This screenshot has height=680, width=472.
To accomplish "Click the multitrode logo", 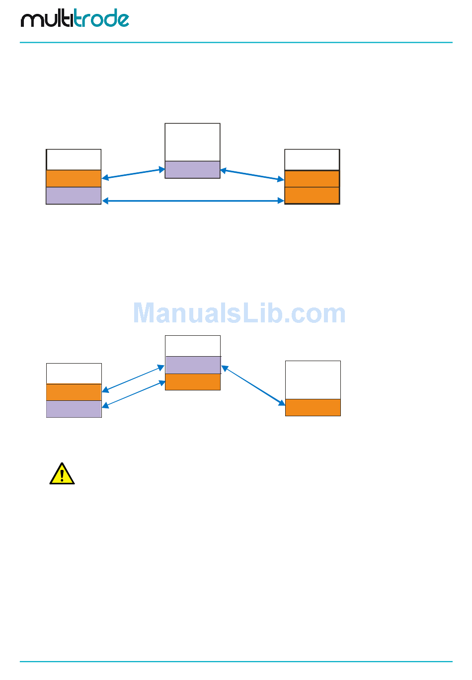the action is point(75,19).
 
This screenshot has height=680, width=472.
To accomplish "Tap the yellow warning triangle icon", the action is point(62,474).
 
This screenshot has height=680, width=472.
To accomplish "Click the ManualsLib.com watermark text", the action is point(239,313).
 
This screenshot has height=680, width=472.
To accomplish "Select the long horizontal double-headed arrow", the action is point(193,201).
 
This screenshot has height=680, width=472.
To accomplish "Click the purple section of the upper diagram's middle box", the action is point(192,169).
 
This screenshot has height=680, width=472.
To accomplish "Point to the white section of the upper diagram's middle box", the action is point(192,142).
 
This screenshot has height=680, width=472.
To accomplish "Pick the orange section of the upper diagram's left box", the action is point(74,178).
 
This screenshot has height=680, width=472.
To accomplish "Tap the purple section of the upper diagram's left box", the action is point(74,196).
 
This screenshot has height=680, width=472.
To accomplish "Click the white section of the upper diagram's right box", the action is point(312,160).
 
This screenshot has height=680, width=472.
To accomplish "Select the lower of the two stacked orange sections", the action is point(312,195).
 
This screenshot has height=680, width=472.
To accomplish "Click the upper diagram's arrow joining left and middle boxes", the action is point(133,173).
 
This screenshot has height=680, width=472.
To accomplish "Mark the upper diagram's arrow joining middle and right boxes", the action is point(252,175).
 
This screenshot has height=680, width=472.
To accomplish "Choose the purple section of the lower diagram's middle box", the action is point(193,365).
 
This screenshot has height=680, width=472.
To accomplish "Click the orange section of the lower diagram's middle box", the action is point(193,382).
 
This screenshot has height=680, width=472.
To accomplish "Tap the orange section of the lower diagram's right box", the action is point(313,407).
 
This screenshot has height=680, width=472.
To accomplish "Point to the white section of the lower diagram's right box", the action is point(313,380).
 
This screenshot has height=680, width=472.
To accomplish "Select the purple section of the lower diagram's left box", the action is point(74,409).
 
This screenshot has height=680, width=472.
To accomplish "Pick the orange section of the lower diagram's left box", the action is point(74,392).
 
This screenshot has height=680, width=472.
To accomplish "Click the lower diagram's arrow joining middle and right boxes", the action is point(253,385).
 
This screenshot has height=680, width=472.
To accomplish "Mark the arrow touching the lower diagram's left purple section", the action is point(133,394).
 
